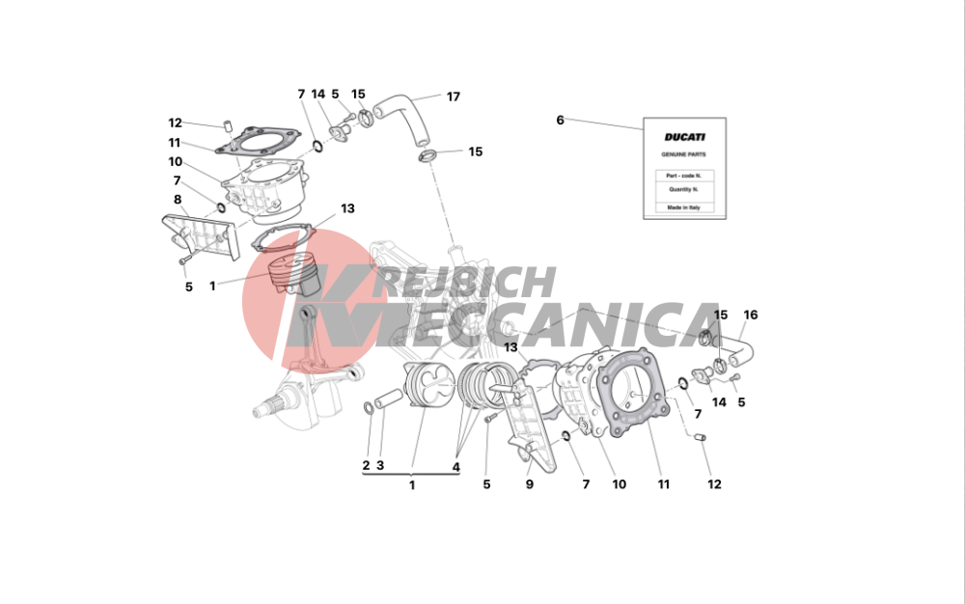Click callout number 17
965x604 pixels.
point(453,96)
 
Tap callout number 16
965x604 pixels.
point(750,315)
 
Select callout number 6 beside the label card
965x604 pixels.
point(560,120)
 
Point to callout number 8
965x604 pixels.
point(178,200)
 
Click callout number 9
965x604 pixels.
point(529,484)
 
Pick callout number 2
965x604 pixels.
point(366,466)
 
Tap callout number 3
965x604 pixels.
point(380,466)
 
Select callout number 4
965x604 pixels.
point(456,467)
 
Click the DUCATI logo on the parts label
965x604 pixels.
point(684,137)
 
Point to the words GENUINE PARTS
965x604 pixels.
point(684,154)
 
